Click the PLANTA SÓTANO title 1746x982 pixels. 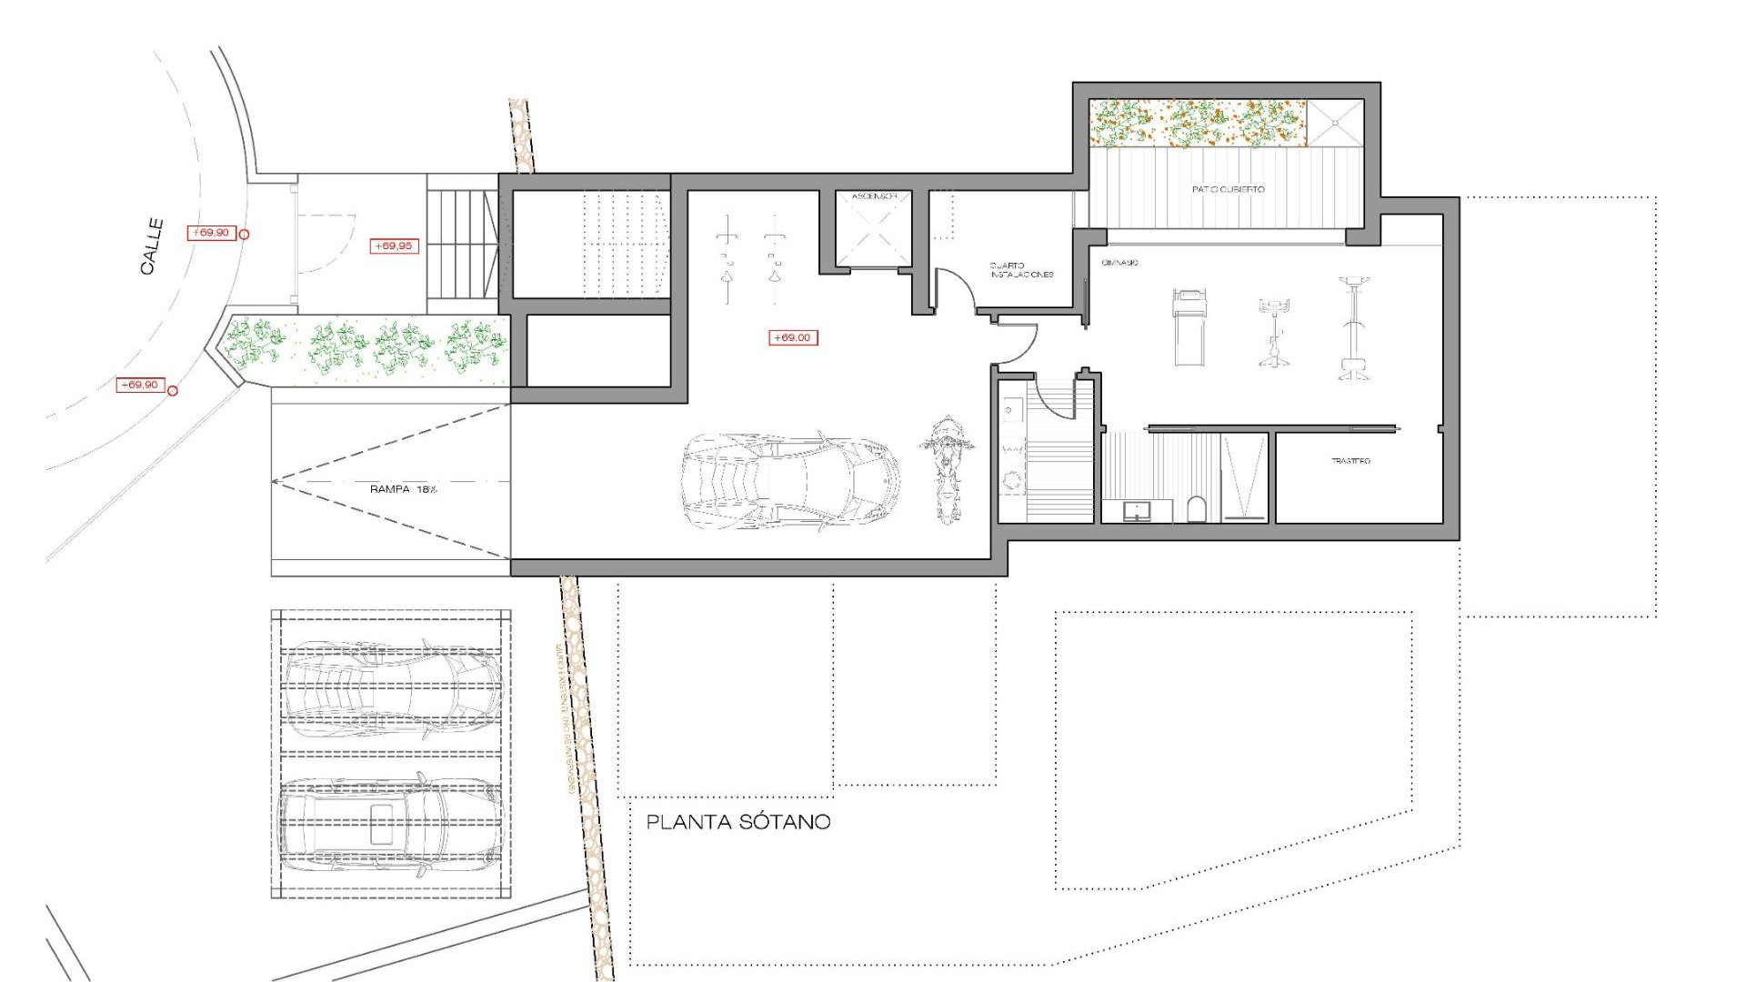738,822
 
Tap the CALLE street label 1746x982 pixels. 152,246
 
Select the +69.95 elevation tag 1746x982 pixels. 394,245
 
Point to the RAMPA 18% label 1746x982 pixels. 403,489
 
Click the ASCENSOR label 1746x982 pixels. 874,196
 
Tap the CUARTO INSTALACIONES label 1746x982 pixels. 1021,270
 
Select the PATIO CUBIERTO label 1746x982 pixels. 1228,189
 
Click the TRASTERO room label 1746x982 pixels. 1350,461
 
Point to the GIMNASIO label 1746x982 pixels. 1119,263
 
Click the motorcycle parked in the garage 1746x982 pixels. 947,469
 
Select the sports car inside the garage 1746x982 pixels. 789,481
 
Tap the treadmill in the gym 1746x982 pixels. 1189,326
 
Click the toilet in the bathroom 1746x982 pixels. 1197,509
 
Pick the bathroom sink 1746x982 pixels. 1136,510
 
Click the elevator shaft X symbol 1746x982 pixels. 873,234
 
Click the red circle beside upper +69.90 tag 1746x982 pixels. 244,235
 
